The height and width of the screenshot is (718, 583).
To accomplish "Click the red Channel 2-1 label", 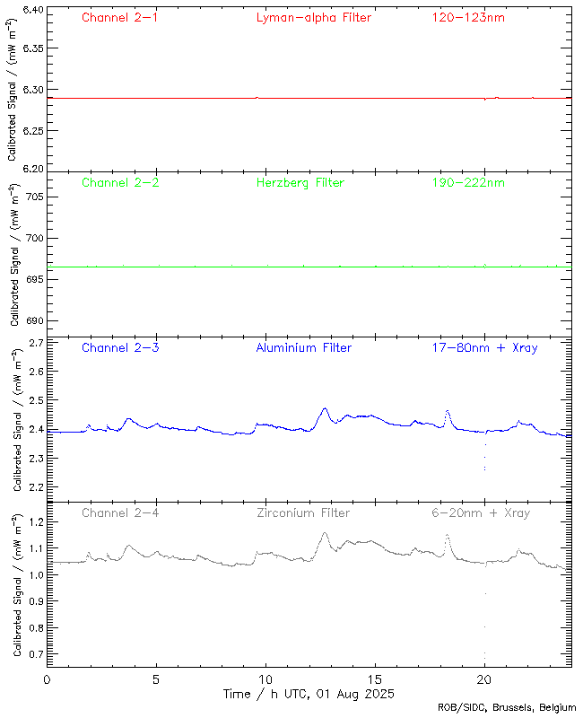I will click(120, 17).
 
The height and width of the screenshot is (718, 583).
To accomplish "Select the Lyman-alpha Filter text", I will click(313, 17).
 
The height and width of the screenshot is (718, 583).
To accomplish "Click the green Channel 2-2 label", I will click(120, 182).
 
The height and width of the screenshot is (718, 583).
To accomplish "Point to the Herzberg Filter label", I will click(300, 182).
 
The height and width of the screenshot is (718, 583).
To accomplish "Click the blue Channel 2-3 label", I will click(120, 347).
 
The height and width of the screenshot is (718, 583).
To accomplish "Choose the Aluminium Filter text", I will click(304, 347).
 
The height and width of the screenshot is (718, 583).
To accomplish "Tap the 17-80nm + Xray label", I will click(484, 347).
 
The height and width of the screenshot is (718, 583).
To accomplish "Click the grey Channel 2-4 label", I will click(120, 512).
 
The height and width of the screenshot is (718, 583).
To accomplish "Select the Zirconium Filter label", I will click(303, 512).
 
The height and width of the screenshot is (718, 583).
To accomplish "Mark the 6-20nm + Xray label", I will click(481, 512).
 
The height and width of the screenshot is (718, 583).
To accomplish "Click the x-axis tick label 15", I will click(375, 679).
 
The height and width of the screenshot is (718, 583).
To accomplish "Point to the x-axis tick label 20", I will click(484, 679).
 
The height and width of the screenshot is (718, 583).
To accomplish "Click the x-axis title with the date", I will click(309, 694).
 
